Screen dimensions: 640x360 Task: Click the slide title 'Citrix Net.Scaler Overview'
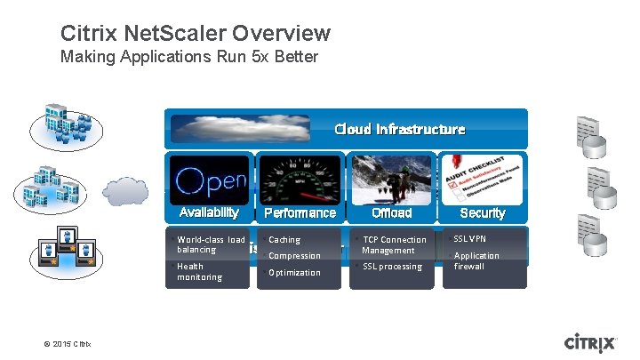point(196,34)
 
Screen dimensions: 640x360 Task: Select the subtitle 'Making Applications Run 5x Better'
point(188,58)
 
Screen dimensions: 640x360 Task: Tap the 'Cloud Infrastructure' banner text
point(399,129)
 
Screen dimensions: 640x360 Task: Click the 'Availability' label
point(209,212)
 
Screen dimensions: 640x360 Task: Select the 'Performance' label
point(300,213)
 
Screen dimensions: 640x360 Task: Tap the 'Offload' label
point(391,213)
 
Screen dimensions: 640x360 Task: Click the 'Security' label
point(483,213)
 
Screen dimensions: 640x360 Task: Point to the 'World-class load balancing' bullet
point(211,244)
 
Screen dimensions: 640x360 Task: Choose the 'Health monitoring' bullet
point(200,272)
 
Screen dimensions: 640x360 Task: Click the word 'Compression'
point(294,256)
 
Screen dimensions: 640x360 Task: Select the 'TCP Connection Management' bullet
point(394,244)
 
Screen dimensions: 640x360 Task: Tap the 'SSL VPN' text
point(471,239)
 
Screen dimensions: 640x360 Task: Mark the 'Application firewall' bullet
point(476,260)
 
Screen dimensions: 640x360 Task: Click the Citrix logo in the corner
point(590,343)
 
